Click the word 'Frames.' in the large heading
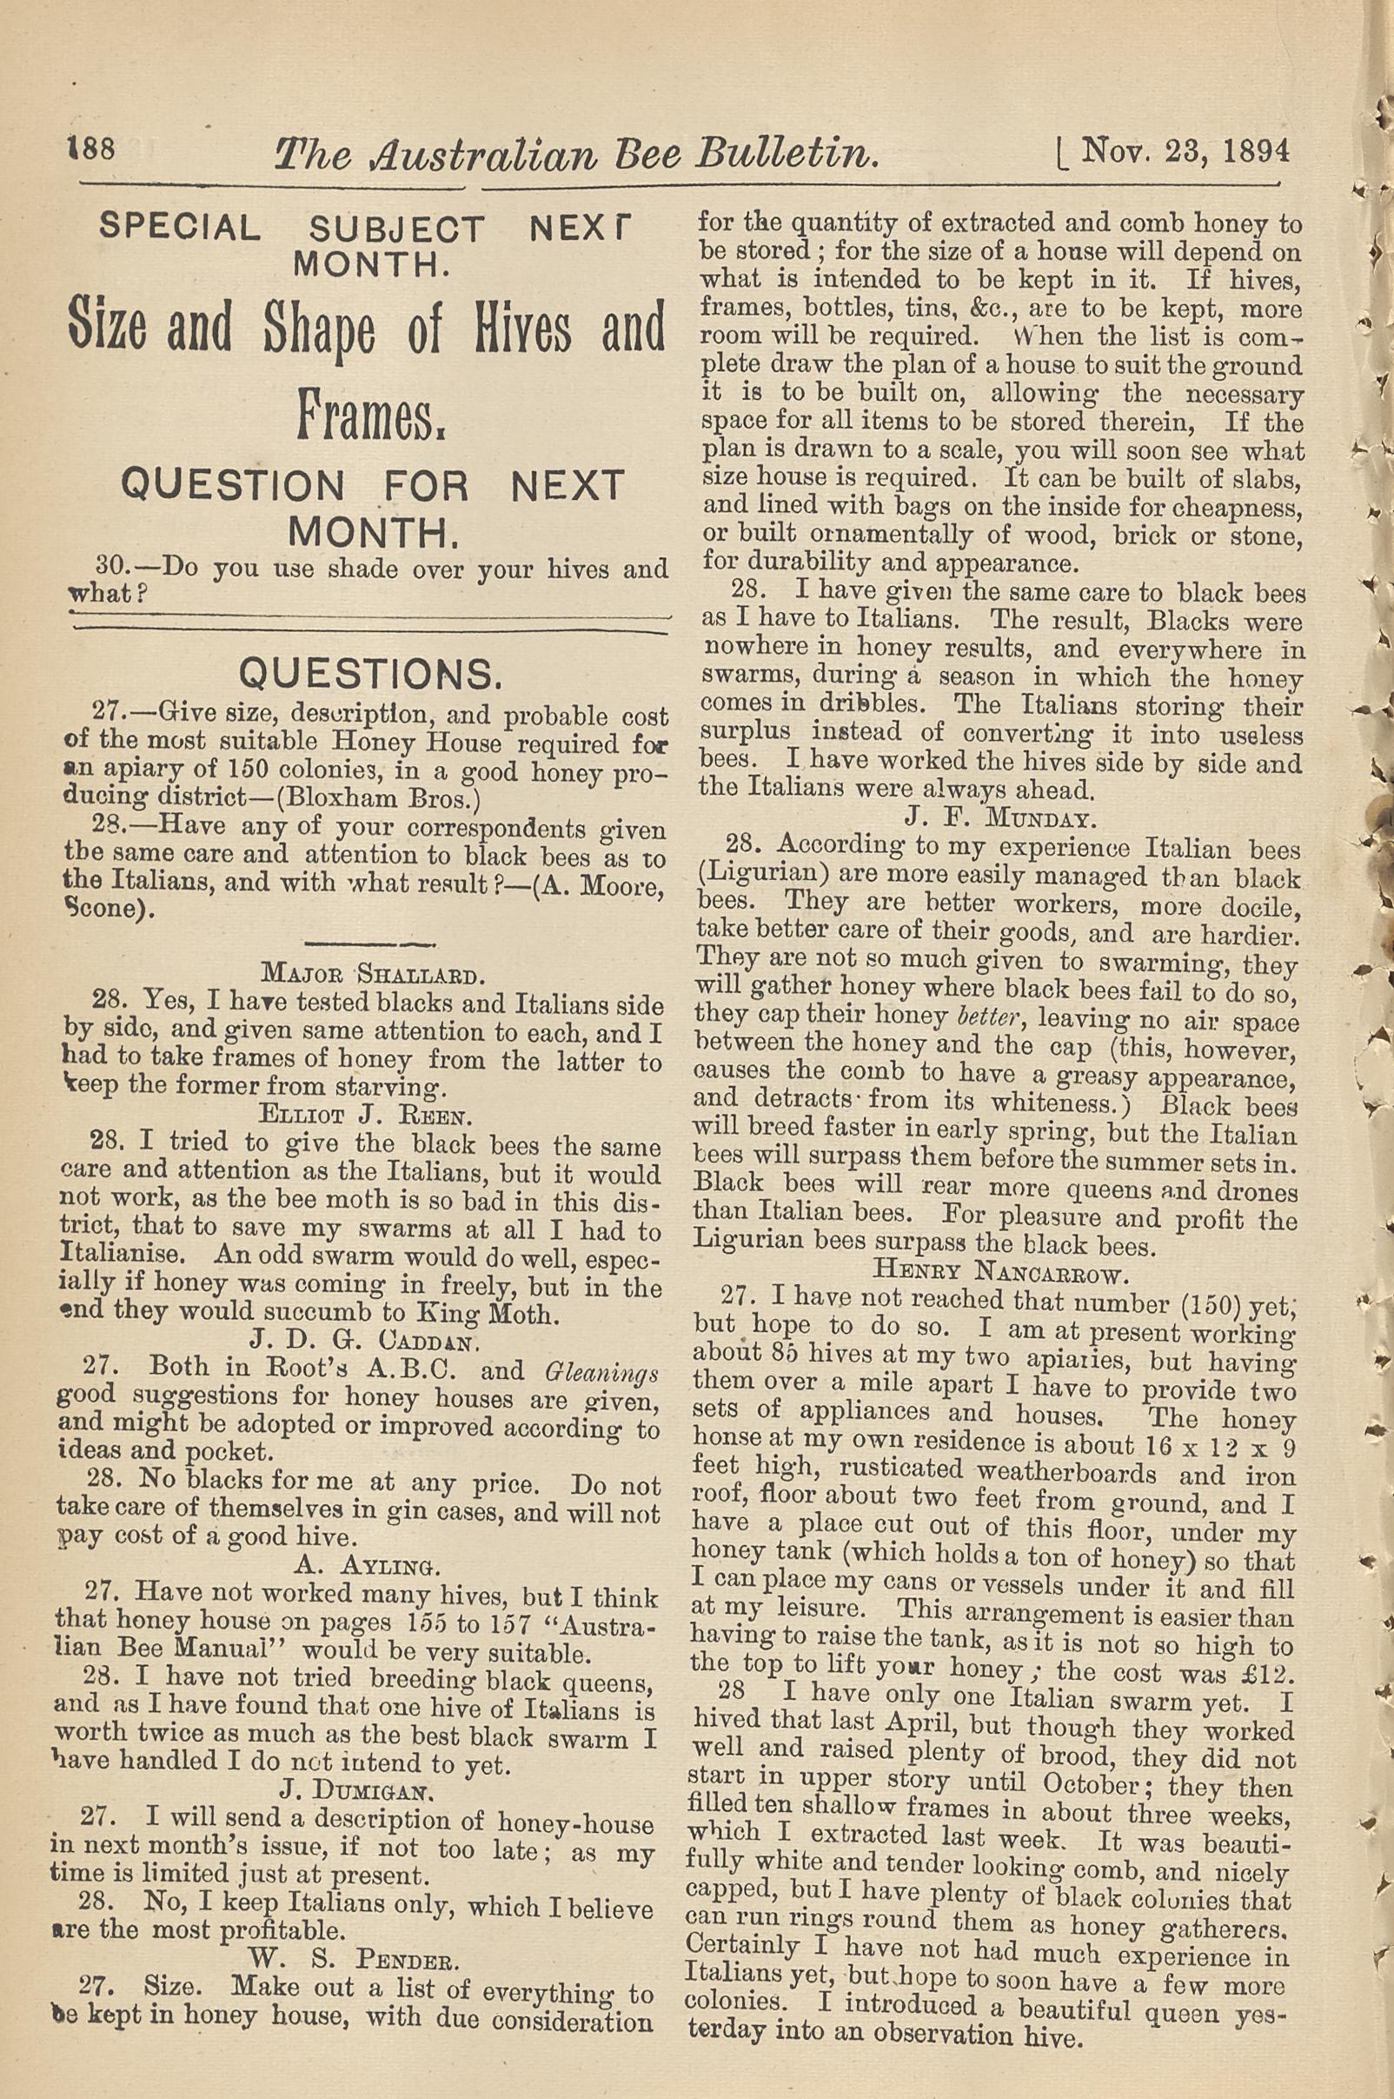(372, 415)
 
